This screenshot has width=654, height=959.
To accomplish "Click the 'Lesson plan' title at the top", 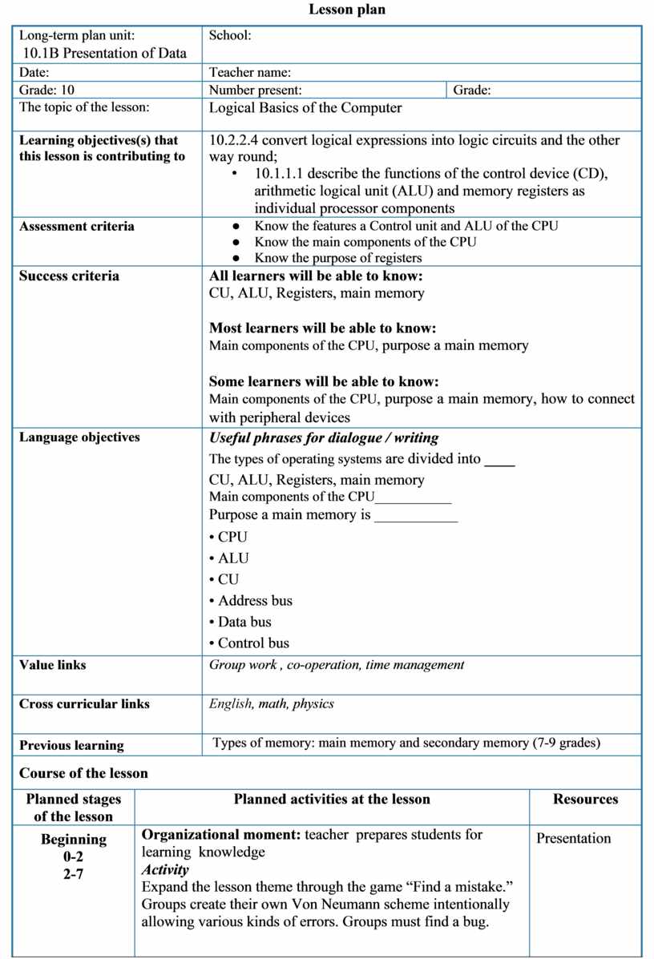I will (347, 10).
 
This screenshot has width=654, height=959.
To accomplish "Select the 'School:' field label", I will (230, 35).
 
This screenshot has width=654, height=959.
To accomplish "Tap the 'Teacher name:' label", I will (249, 73).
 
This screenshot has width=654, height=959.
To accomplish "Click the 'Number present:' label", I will (255, 91).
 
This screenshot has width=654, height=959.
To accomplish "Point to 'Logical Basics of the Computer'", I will (305, 107).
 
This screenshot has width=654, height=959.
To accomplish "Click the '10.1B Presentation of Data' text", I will (105, 54).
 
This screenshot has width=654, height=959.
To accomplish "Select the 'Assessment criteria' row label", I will (77, 227).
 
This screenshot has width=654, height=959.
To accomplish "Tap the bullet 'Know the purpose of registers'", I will (337, 258).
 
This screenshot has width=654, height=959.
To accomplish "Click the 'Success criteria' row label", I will (69, 276).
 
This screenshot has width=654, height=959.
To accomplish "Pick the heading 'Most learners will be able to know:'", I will (322, 328).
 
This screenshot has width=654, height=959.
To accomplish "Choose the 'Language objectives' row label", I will (79, 437).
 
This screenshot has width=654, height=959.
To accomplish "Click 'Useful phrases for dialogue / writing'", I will (324, 438).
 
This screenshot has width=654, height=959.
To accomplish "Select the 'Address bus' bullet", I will (255, 601).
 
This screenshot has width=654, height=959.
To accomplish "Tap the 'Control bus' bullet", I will (253, 643).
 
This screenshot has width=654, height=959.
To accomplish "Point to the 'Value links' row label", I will (53, 665).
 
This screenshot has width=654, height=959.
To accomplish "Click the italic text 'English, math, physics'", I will (272, 704).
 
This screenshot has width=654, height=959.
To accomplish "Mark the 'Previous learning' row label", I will (71, 746).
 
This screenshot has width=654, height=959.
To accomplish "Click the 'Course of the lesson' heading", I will (83, 774).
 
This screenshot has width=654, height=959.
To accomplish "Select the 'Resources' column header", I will (585, 800).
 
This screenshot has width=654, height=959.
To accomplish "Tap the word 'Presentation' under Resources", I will (573, 839).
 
